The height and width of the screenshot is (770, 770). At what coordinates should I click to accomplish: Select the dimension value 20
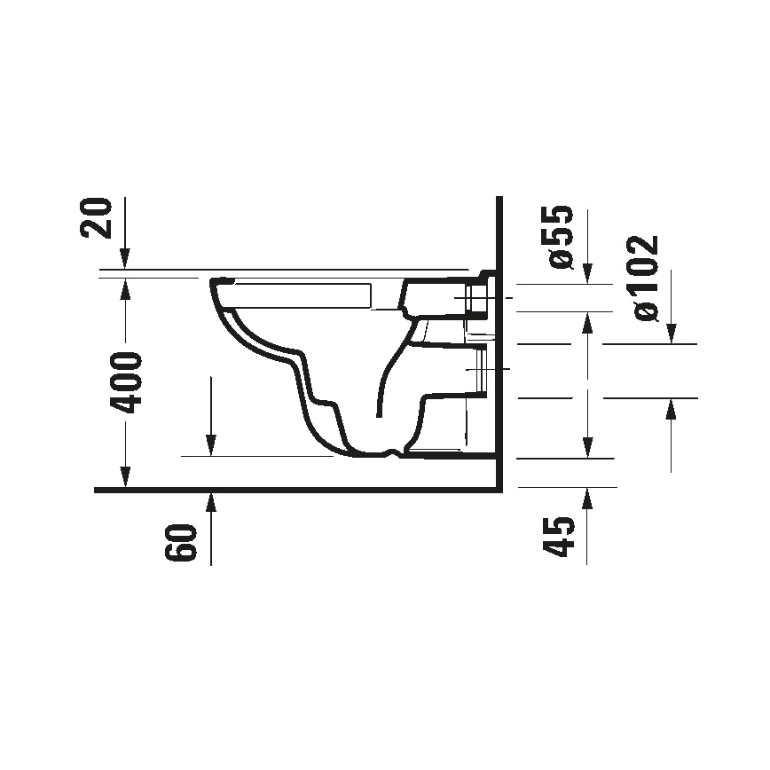tap(99, 218)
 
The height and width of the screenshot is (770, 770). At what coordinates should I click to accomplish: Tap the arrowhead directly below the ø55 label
tap(586, 278)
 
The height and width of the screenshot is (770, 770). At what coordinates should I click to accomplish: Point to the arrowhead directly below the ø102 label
tap(672, 335)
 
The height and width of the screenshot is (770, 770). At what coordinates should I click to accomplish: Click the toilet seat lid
tap(302, 294)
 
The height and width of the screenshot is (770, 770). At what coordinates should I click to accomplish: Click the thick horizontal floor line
tap(293, 489)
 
